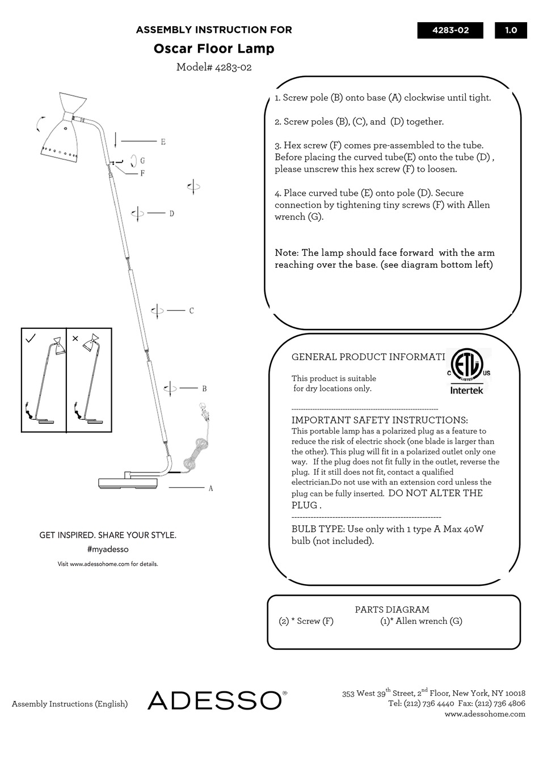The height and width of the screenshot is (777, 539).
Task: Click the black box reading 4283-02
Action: pyautogui.click(x=450, y=30)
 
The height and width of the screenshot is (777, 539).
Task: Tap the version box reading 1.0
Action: pyautogui.click(x=511, y=30)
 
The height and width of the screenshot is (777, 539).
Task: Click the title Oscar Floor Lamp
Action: pyautogui.click(x=214, y=49)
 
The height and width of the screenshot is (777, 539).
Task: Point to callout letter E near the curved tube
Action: pyautogui.click(x=163, y=142)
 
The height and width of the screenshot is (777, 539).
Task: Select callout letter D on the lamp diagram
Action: pyautogui.click(x=171, y=213)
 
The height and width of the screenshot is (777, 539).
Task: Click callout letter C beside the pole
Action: pyautogui.click(x=191, y=311)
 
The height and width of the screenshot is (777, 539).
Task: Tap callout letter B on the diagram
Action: pyautogui.click(x=204, y=388)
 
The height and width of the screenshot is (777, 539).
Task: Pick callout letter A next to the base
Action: pyautogui.click(x=210, y=488)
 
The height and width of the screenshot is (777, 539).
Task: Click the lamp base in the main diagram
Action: pyautogui.click(x=129, y=483)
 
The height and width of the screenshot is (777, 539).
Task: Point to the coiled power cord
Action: pyautogui.click(x=195, y=451)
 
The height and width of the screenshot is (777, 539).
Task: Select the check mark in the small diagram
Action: pyautogui.click(x=31, y=339)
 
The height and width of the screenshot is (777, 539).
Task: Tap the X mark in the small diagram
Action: pyautogui.click(x=75, y=339)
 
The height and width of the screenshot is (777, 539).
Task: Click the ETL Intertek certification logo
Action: pyautogui.click(x=466, y=371)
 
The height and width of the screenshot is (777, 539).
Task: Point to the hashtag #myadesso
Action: pyautogui.click(x=108, y=550)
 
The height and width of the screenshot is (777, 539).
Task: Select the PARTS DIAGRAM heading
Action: pyautogui.click(x=392, y=610)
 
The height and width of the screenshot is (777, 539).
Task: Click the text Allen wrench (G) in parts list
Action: pyautogui.click(x=421, y=621)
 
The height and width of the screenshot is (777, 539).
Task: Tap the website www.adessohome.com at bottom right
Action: pyautogui.click(x=485, y=714)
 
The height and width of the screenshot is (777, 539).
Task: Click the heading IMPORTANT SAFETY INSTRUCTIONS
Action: pyautogui.click(x=380, y=420)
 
